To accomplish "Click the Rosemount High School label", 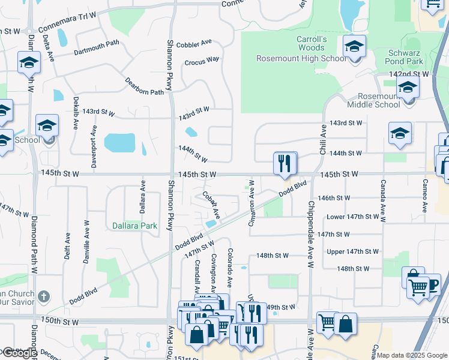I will (301, 58).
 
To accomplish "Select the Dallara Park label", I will (134, 226).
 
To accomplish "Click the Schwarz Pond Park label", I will (405, 57).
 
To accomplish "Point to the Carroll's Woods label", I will (311, 43).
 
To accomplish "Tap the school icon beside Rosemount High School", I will (354, 47).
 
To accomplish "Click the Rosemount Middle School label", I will (378, 100).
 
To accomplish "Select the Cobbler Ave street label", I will (198, 43).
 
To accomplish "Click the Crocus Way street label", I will (202, 61).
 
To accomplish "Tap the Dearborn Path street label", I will (144, 87).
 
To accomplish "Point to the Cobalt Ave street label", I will (211, 205).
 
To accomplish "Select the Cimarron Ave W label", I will (252, 203).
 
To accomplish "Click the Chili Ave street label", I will (323, 137).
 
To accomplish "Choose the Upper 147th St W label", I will (352, 251).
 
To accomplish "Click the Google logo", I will (19, 353).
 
